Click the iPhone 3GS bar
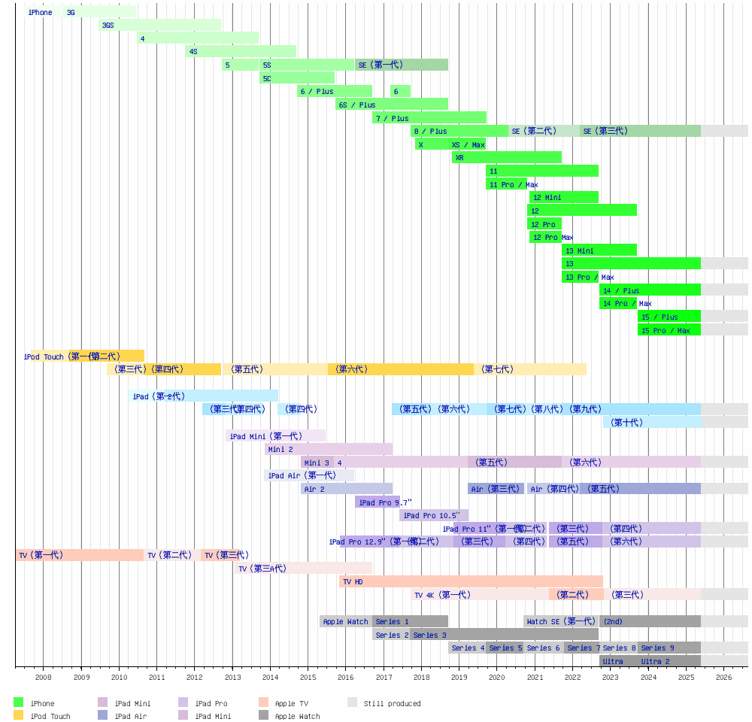click(159, 25)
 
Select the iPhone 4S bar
click(241, 51)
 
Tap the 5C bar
click(297, 78)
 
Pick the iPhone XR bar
click(507, 157)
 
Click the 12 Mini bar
click(564, 197)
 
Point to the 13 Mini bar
click(599, 250)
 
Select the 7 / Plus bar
click(429, 117)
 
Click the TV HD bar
click(472, 581)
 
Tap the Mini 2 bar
click(329, 449)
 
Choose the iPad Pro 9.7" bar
click(378, 502)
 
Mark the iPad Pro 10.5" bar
click(434, 515)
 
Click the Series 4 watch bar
click(467, 648)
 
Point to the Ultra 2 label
click(655, 661)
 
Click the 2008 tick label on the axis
click(44, 677)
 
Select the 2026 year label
click(723, 677)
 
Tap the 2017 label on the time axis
click(384, 677)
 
